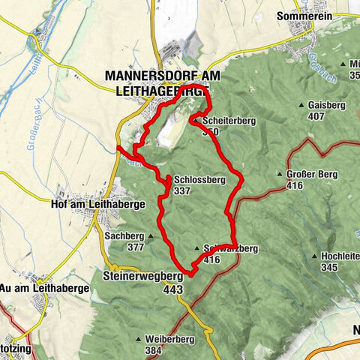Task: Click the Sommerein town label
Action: click(x=304, y=14)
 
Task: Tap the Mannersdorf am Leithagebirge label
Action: click(x=156, y=83)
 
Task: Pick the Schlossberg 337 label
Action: click(x=199, y=185)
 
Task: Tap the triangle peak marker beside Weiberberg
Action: click(x=139, y=340)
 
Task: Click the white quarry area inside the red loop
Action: click(x=169, y=132)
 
